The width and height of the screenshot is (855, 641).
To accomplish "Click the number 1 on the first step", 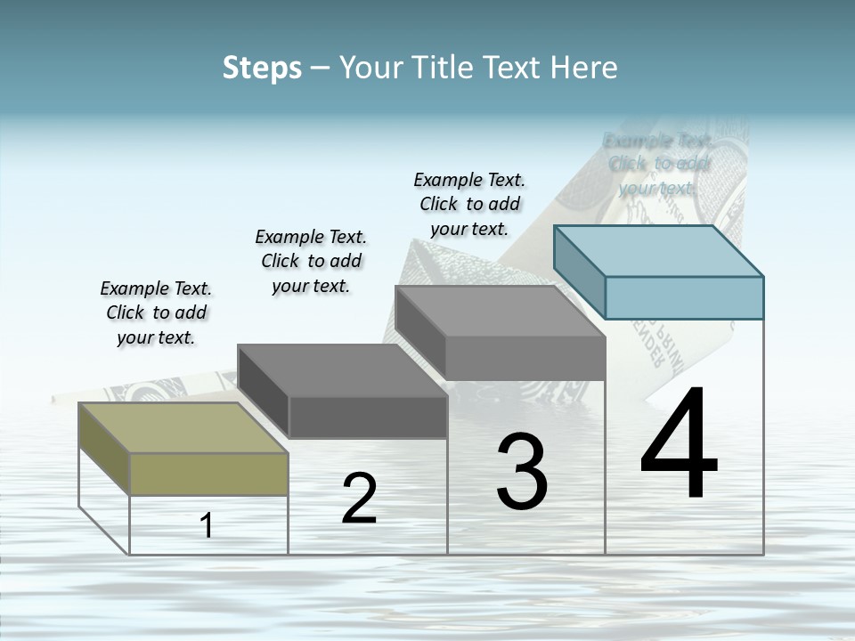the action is tap(207, 526).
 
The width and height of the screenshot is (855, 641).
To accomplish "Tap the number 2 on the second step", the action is tap(359, 499).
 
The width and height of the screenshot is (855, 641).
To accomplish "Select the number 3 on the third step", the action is tap(522, 472).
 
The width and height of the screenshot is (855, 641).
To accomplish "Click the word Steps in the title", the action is tap(262, 68).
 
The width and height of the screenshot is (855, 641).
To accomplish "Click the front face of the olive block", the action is tap(209, 474).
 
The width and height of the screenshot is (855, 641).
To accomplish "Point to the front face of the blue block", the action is tap(684, 297).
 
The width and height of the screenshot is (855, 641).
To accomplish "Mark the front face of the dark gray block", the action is tap(368, 417).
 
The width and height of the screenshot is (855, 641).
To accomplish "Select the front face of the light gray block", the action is tap(525, 358).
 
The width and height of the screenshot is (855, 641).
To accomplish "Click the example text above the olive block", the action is tap(156, 312).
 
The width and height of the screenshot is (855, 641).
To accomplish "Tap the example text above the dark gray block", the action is tap(311, 261).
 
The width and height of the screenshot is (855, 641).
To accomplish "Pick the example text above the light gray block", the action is tap(469, 204).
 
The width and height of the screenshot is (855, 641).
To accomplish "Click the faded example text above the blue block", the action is tap(657, 164).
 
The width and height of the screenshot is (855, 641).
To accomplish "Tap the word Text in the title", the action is tap(517, 68).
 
